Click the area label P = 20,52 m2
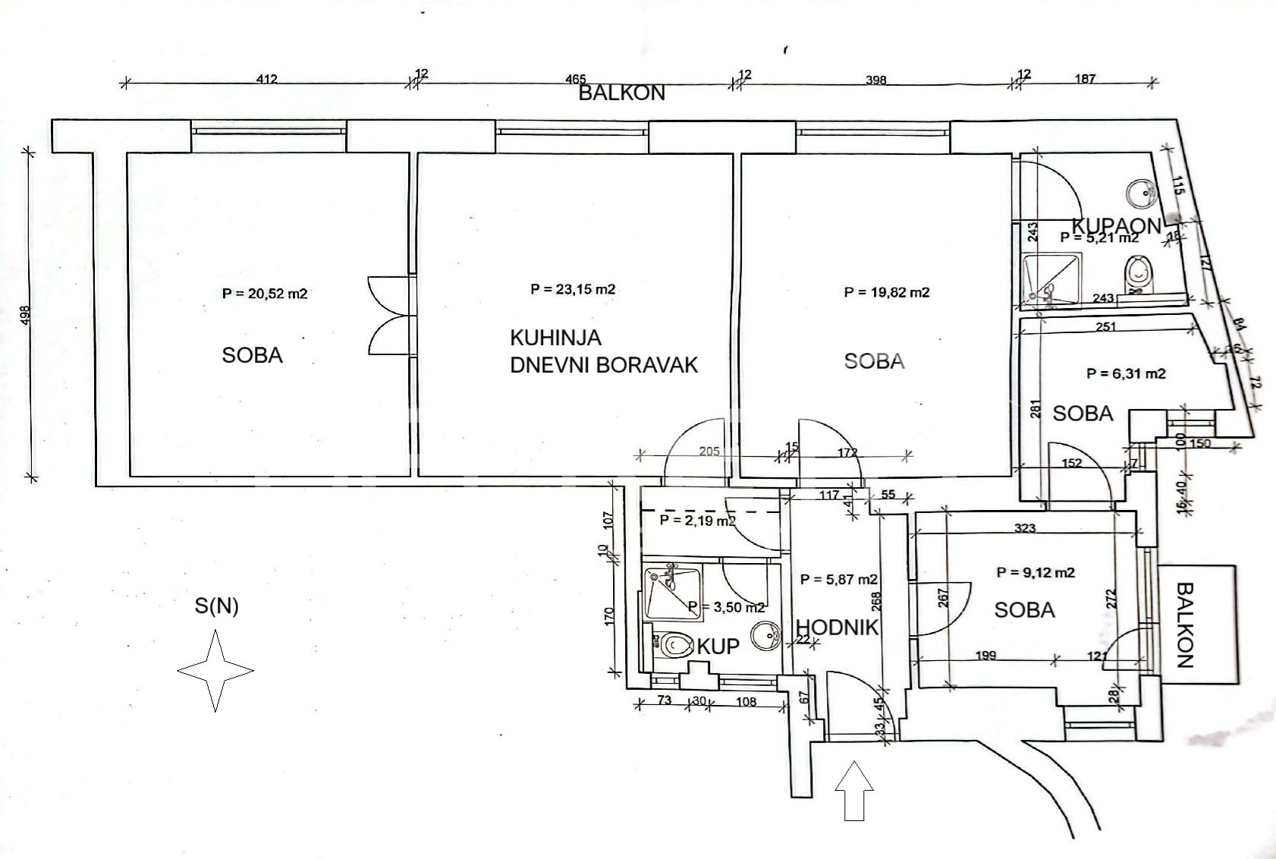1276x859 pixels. tap(265, 294)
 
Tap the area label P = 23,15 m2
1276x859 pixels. tap(573, 289)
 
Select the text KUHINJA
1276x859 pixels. tap(555, 338)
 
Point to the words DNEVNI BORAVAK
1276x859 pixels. tap(603, 365)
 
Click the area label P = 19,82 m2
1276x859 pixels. tap(886, 292)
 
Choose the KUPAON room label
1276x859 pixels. tap(1116, 225)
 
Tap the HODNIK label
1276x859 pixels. tap(837, 627)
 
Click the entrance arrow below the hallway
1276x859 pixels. tap(854, 790)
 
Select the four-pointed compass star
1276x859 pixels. tap(215, 671)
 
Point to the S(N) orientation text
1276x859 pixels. tap(217, 606)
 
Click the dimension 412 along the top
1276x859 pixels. tap(267, 78)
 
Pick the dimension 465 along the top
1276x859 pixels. tap(576, 79)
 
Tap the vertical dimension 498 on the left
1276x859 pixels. tap(25, 314)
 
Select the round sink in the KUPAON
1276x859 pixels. tap(1140, 193)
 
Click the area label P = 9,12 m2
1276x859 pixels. tap(1036, 573)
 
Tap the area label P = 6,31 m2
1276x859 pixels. tap(1126, 373)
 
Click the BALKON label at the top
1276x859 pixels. tap(621, 93)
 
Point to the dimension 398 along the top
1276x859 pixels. tap(875, 80)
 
